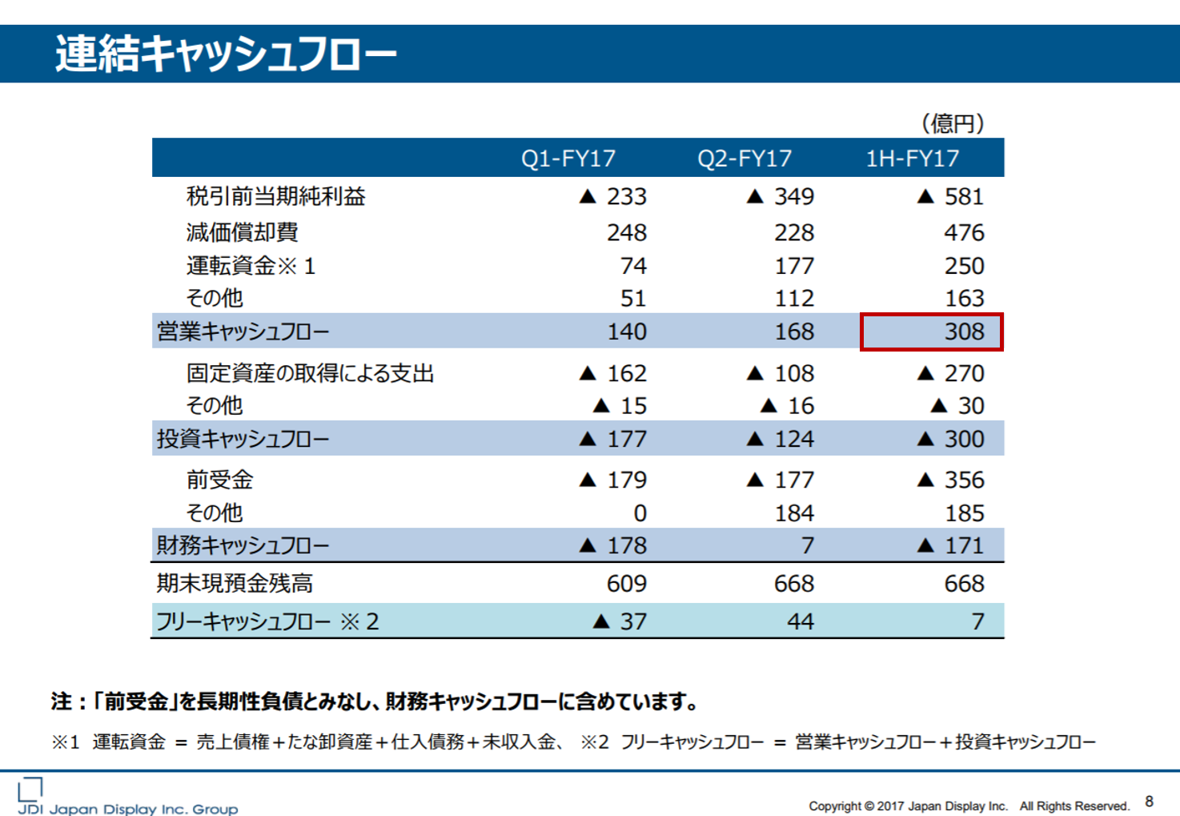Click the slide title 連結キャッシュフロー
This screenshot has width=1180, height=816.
[226, 54]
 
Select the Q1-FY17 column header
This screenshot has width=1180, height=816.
[568, 159]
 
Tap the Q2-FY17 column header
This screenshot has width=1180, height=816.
[745, 159]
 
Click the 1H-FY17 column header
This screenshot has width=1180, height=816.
[912, 159]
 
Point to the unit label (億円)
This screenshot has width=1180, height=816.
[953, 123]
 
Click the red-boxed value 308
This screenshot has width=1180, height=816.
[964, 332]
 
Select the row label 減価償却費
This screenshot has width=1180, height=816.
[242, 232]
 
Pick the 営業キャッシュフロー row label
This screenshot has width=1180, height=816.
[243, 332]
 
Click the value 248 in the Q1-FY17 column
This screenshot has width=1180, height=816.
[626, 232]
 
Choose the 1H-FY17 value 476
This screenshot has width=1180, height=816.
[964, 232]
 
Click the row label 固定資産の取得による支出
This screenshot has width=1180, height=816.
[310, 373]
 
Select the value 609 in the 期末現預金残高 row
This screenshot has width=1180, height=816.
[626, 584]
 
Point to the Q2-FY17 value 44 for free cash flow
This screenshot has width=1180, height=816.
[800, 621]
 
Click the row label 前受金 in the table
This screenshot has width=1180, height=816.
[219, 480]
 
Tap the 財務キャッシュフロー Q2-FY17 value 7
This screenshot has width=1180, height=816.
[807, 546]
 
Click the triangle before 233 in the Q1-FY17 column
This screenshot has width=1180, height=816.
[588, 196]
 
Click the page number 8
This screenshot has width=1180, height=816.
[1149, 802]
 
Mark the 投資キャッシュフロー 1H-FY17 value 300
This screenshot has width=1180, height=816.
[964, 439]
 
